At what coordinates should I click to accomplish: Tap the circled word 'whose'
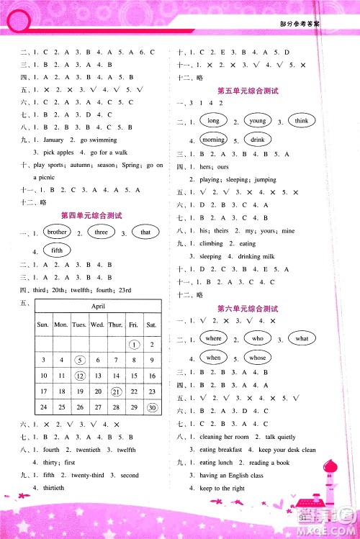(258, 357)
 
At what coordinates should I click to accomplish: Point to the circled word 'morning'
(212, 140)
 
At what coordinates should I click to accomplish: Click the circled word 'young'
(257, 122)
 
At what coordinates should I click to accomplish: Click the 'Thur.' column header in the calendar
(116, 325)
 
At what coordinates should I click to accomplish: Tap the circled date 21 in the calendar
(116, 391)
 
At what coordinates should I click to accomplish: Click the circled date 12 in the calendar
(80, 375)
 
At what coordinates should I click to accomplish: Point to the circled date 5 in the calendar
(80, 358)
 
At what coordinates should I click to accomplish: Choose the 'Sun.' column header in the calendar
(43, 325)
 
